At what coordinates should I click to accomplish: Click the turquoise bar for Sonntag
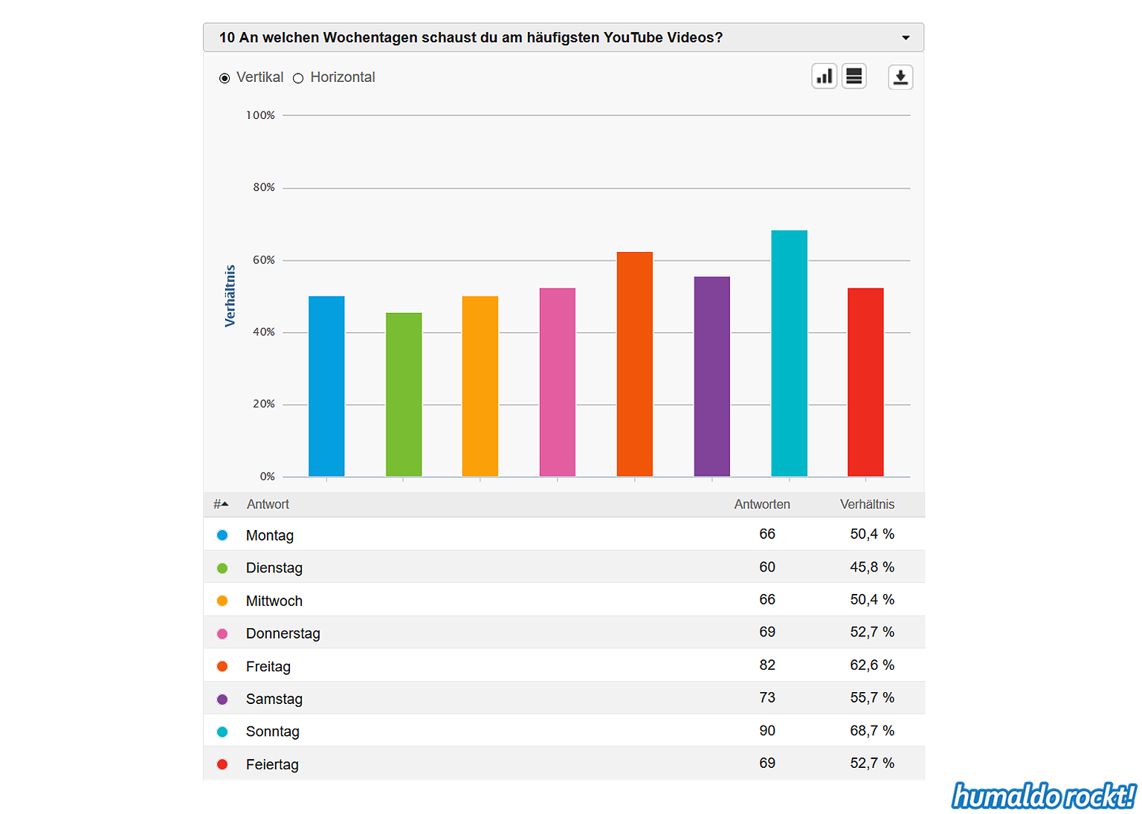point(789,353)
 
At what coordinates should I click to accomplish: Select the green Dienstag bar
point(404,395)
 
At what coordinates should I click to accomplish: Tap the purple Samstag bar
point(712,376)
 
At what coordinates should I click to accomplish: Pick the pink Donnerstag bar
point(557,382)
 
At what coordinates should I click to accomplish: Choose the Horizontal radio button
point(298,78)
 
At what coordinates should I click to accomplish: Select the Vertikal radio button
point(225,78)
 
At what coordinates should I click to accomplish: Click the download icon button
point(900,77)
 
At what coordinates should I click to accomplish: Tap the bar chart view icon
point(825,77)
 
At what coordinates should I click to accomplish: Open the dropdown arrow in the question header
point(906,38)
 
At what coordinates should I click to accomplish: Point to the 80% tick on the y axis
point(264,187)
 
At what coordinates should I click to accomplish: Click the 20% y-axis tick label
point(264,404)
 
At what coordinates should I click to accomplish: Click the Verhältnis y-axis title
point(230,296)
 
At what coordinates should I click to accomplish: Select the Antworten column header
point(762,504)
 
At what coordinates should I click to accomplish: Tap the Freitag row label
point(268,666)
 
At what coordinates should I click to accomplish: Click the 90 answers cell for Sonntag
point(767,731)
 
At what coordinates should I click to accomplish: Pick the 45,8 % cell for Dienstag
point(872,567)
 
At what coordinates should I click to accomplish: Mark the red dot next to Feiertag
point(222,764)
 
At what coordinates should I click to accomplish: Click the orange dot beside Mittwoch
point(222,601)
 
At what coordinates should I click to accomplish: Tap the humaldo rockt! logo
point(1044,796)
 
